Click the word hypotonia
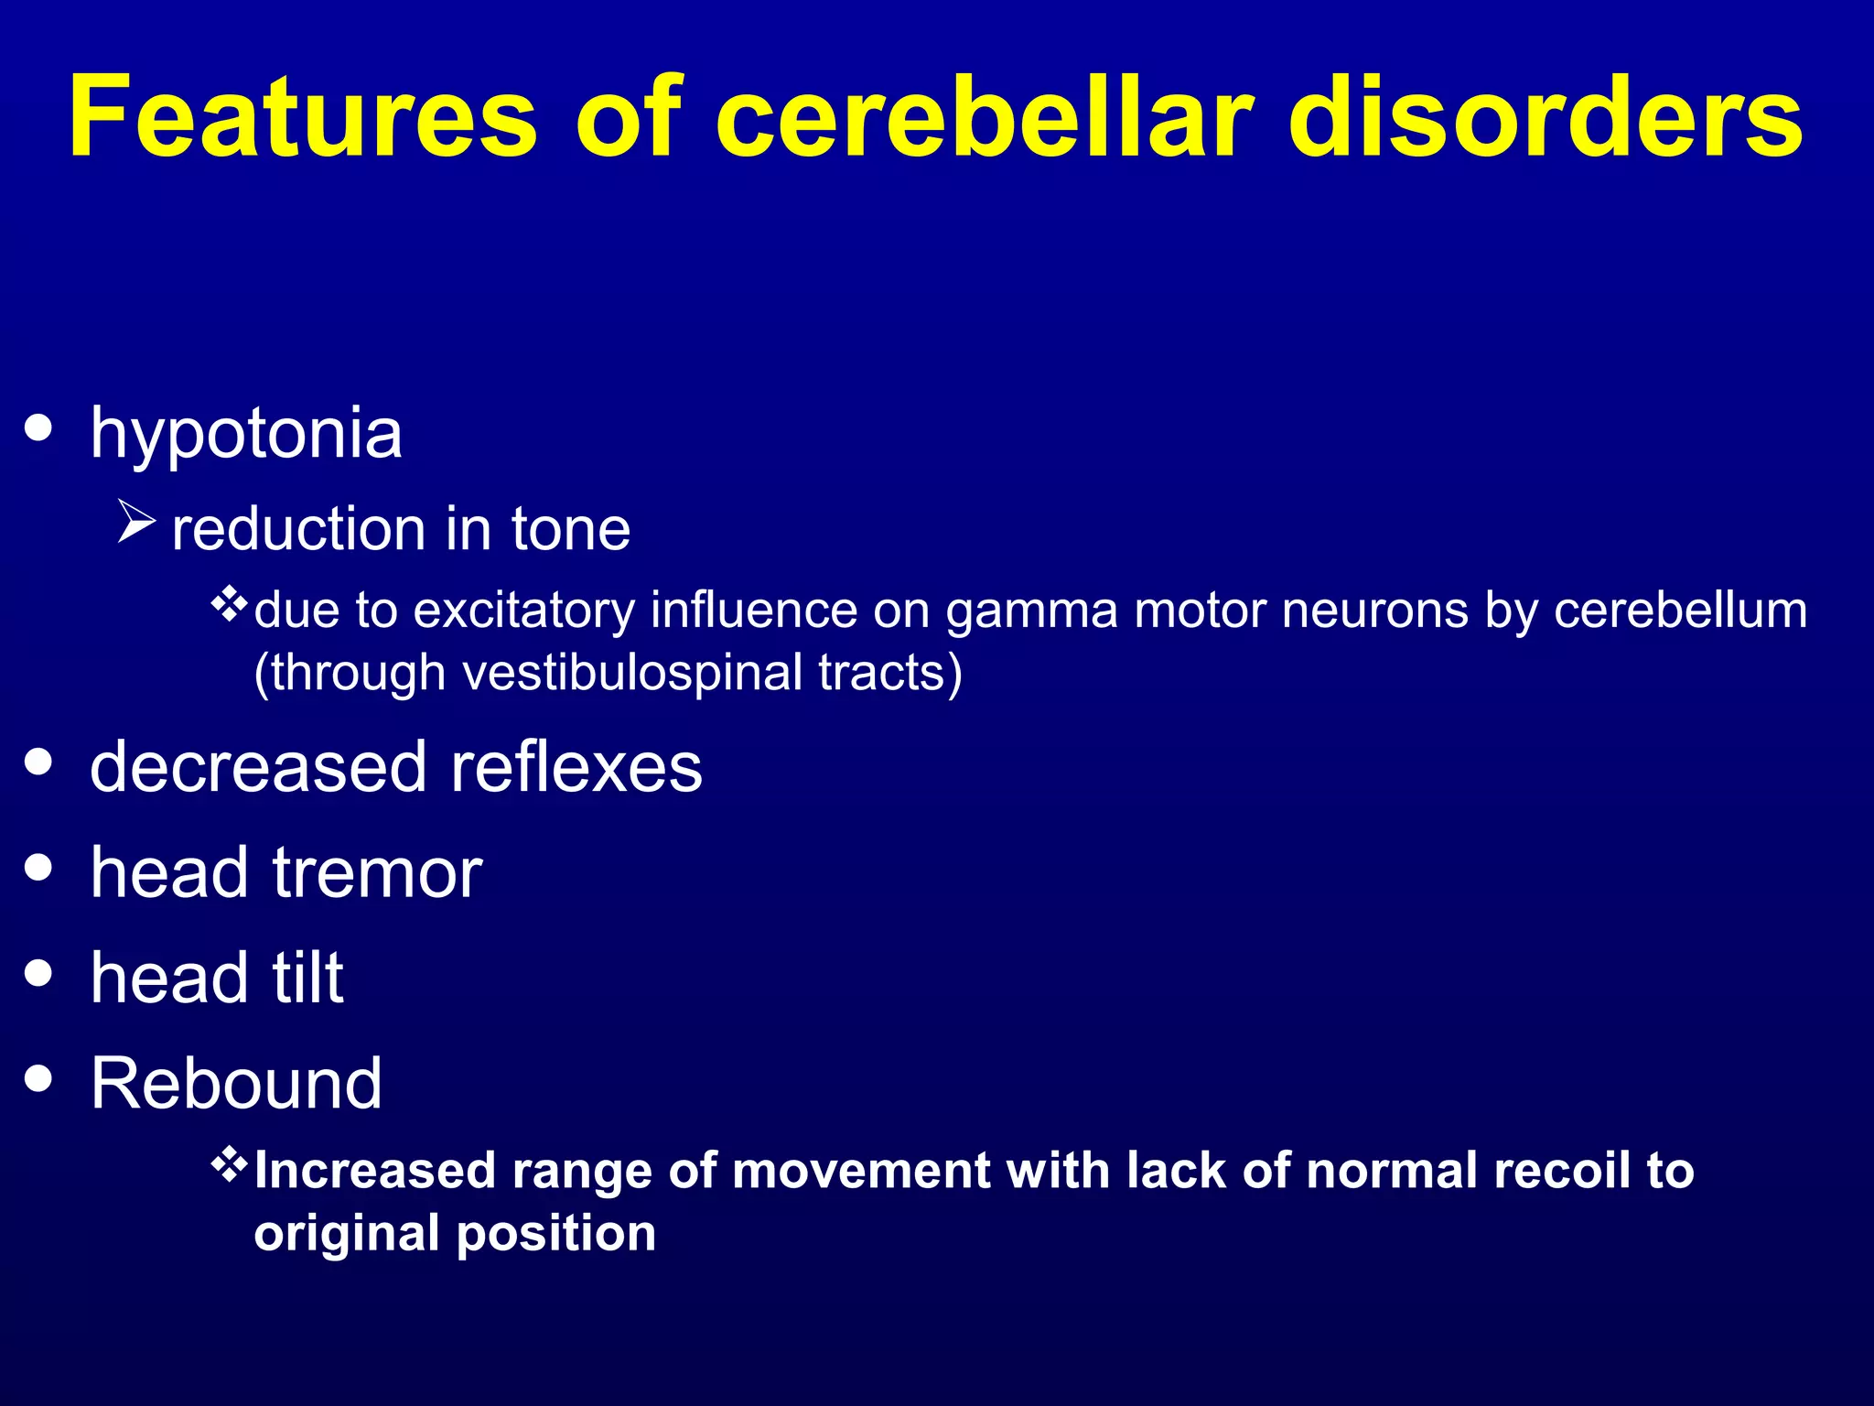coord(246,434)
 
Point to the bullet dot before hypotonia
coord(38,427)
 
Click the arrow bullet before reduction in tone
coord(137,523)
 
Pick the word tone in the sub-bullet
coord(571,530)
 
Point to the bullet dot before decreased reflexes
coord(38,762)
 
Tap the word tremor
coord(377,873)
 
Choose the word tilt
coord(307,979)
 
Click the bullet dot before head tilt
coord(38,972)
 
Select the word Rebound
coord(236,1084)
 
